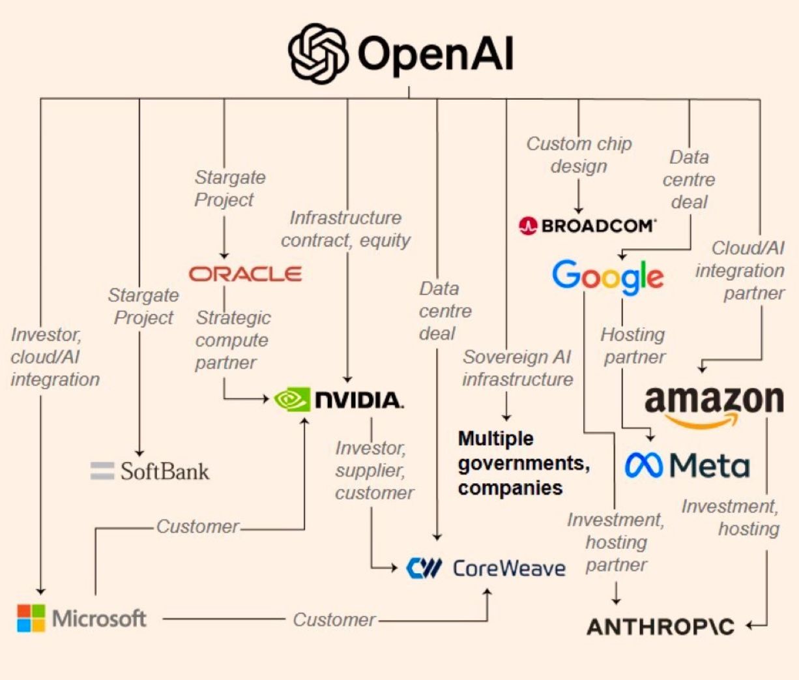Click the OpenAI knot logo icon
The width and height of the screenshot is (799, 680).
[318, 53]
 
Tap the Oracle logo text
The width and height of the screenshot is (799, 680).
[245, 274]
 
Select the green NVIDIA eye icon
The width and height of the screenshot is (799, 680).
[291, 399]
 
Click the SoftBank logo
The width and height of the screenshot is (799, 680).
[150, 471]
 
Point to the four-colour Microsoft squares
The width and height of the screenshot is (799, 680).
[31, 618]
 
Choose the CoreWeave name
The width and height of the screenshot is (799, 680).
[509, 569]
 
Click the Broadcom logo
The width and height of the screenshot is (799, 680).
[588, 226]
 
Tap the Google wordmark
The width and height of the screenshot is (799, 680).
[607, 276]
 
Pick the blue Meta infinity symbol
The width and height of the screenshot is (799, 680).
[644, 465]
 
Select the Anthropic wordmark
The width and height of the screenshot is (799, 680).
[660, 627]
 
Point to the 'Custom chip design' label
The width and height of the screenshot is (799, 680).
[579, 155]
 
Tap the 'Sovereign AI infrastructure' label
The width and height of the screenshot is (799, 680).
[517, 368]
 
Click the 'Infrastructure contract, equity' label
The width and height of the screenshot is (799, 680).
[345, 229]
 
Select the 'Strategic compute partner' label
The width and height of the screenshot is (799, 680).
[233, 340]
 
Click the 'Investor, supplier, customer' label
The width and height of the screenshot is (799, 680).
[374, 470]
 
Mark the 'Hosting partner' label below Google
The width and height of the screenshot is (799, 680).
[633, 346]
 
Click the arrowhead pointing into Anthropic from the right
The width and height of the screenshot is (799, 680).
[751, 626]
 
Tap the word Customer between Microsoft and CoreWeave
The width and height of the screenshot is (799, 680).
[334, 619]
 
